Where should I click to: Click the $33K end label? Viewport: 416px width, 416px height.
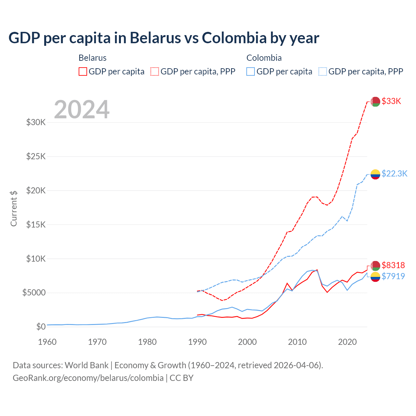[x=391, y=101]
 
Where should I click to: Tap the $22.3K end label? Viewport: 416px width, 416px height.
[x=394, y=174]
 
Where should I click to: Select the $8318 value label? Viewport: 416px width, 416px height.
[x=393, y=265]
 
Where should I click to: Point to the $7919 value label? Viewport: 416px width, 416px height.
[x=393, y=276]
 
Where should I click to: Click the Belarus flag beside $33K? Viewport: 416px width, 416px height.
[x=375, y=101]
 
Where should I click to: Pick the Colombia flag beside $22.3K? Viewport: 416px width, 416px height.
[x=375, y=174]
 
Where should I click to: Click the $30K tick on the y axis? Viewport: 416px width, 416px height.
[x=36, y=123]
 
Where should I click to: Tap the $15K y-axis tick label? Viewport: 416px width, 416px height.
[x=36, y=225]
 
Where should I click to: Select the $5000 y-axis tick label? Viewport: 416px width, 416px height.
[x=34, y=293]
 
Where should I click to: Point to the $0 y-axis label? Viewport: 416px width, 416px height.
[x=41, y=327]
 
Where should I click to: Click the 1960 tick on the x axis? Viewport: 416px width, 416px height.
[x=47, y=342]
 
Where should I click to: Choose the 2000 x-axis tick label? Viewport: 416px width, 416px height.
[x=247, y=342]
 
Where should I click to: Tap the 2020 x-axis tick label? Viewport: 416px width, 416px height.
[x=347, y=342]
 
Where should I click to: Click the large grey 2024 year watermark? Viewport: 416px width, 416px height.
[x=82, y=110]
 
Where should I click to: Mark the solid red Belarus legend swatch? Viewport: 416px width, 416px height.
[x=83, y=71]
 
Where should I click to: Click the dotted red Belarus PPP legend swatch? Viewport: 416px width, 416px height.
[x=155, y=71]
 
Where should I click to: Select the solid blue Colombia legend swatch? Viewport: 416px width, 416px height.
[x=251, y=71]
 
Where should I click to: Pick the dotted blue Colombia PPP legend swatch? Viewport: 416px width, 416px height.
[x=323, y=71]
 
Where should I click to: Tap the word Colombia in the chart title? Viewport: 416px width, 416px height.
[x=234, y=38]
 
